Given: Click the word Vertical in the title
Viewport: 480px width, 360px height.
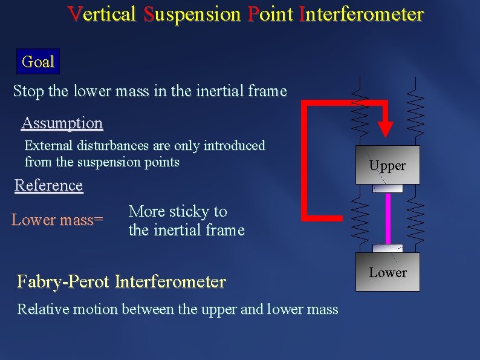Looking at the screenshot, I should (x=102, y=14).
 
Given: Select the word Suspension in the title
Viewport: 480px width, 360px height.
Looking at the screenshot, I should (x=192, y=14).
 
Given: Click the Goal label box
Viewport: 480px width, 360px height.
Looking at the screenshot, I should (x=37, y=62).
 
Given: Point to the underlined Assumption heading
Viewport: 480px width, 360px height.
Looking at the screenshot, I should (x=62, y=123).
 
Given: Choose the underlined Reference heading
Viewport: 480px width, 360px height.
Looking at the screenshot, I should (x=48, y=185).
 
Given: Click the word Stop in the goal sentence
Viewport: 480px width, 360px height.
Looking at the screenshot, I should (x=28, y=91).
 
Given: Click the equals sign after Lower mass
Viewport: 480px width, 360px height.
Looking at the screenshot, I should (x=99, y=220).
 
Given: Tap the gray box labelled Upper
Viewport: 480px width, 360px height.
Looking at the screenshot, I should (x=388, y=165).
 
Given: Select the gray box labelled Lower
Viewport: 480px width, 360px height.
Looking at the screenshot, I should (x=388, y=272).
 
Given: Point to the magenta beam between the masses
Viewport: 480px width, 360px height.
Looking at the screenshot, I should (x=388, y=218).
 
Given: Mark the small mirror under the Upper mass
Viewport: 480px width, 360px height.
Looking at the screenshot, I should (x=388, y=188).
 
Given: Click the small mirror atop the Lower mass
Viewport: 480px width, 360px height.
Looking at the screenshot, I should (x=388, y=248).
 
